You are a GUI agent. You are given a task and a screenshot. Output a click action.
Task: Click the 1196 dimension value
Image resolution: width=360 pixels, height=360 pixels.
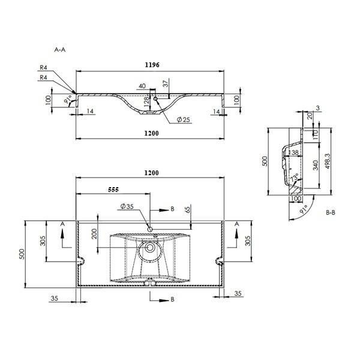[x=152, y=65]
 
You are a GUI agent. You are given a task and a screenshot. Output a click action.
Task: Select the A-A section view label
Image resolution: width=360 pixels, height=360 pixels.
[x=59, y=49]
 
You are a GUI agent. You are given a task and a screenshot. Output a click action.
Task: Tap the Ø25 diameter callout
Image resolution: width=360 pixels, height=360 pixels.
[x=184, y=119]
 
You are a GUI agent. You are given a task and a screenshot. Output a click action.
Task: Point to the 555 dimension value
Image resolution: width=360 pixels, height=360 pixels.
[x=113, y=190]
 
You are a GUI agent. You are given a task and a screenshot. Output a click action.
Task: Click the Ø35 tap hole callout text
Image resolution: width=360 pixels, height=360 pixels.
[x=127, y=206]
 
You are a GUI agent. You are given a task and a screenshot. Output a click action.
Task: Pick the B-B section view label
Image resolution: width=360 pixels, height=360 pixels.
[x=331, y=212]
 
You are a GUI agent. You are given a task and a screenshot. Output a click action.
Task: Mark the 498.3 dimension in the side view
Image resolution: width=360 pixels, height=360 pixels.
[x=328, y=161]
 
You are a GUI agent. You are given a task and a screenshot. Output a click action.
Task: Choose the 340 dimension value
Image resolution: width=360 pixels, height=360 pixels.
[x=316, y=165]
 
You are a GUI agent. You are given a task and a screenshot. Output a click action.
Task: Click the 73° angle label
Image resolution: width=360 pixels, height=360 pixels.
[x=294, y=178]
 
